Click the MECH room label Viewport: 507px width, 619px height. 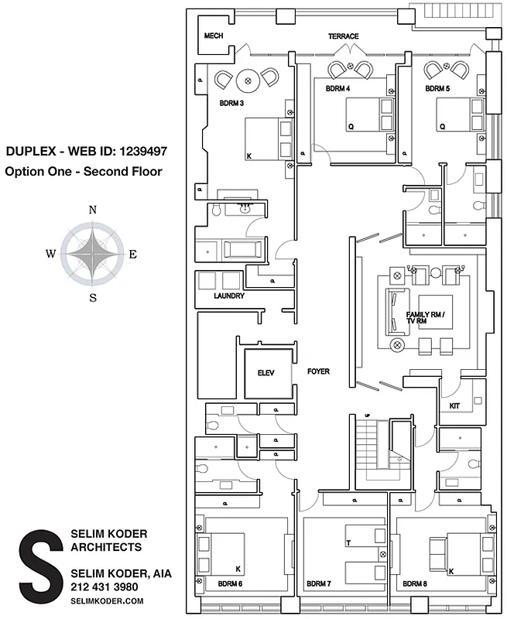tap(213, 36)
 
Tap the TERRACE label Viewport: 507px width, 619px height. tap(343, 36)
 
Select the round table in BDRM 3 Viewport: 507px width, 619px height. tap(247, 78)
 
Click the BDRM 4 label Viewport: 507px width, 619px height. tap(337, 89)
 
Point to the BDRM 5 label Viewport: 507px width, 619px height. tap(437, 89)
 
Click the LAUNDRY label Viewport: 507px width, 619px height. tap(229, 296)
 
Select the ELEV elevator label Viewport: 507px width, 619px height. tap(266, 372)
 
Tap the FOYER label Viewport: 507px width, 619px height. tap(318, 372)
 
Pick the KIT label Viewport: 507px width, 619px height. tap(455, 405)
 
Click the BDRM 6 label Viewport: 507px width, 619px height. tap(230, 583)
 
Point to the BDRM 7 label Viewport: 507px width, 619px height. tap(318, 583)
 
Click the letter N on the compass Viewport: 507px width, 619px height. tap(93, 210)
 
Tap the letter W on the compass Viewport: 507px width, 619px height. tap(50, 254)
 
